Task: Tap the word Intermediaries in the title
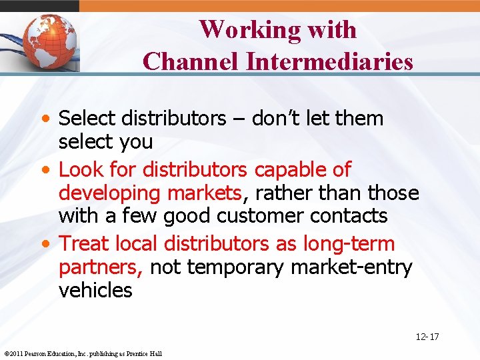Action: click(329, 62)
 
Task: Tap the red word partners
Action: click(100, 267)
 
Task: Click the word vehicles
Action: click(95, 291)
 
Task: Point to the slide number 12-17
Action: click(427, 337)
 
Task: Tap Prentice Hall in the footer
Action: click(145, 353)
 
